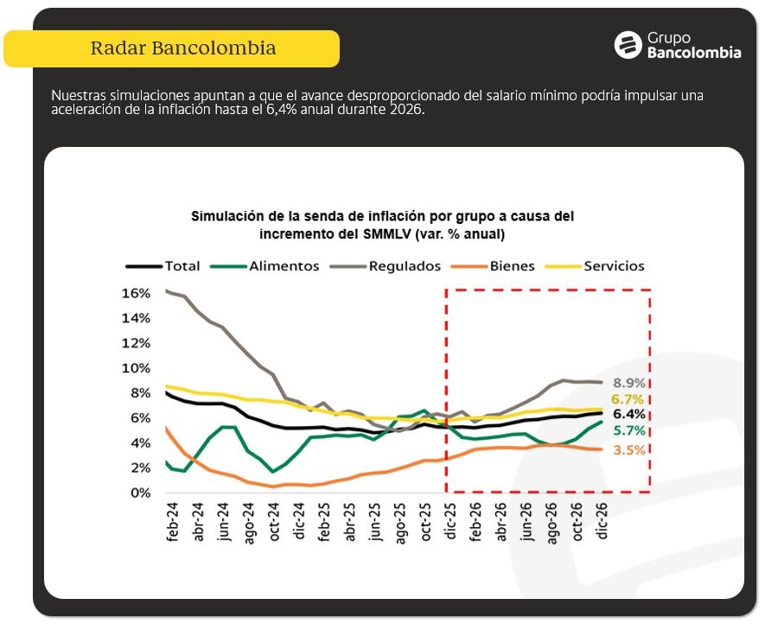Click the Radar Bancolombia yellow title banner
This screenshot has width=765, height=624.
pos(171,48)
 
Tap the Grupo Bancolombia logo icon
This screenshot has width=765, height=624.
pos(627,45)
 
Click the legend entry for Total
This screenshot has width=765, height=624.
pos(163,266)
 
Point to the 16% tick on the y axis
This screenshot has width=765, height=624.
pos(137,293)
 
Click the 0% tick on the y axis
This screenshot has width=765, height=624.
pos(140,493)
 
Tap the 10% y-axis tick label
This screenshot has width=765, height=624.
pos(137,368)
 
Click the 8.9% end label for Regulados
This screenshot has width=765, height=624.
pos(629,383)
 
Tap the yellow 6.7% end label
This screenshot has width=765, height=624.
pos(629,398)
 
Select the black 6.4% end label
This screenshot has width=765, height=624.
pos(629,414)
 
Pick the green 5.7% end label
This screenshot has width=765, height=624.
pos(629,430)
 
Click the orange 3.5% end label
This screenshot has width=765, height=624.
pos(629,449)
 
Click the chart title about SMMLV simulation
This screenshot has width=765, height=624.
pos(382,225)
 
